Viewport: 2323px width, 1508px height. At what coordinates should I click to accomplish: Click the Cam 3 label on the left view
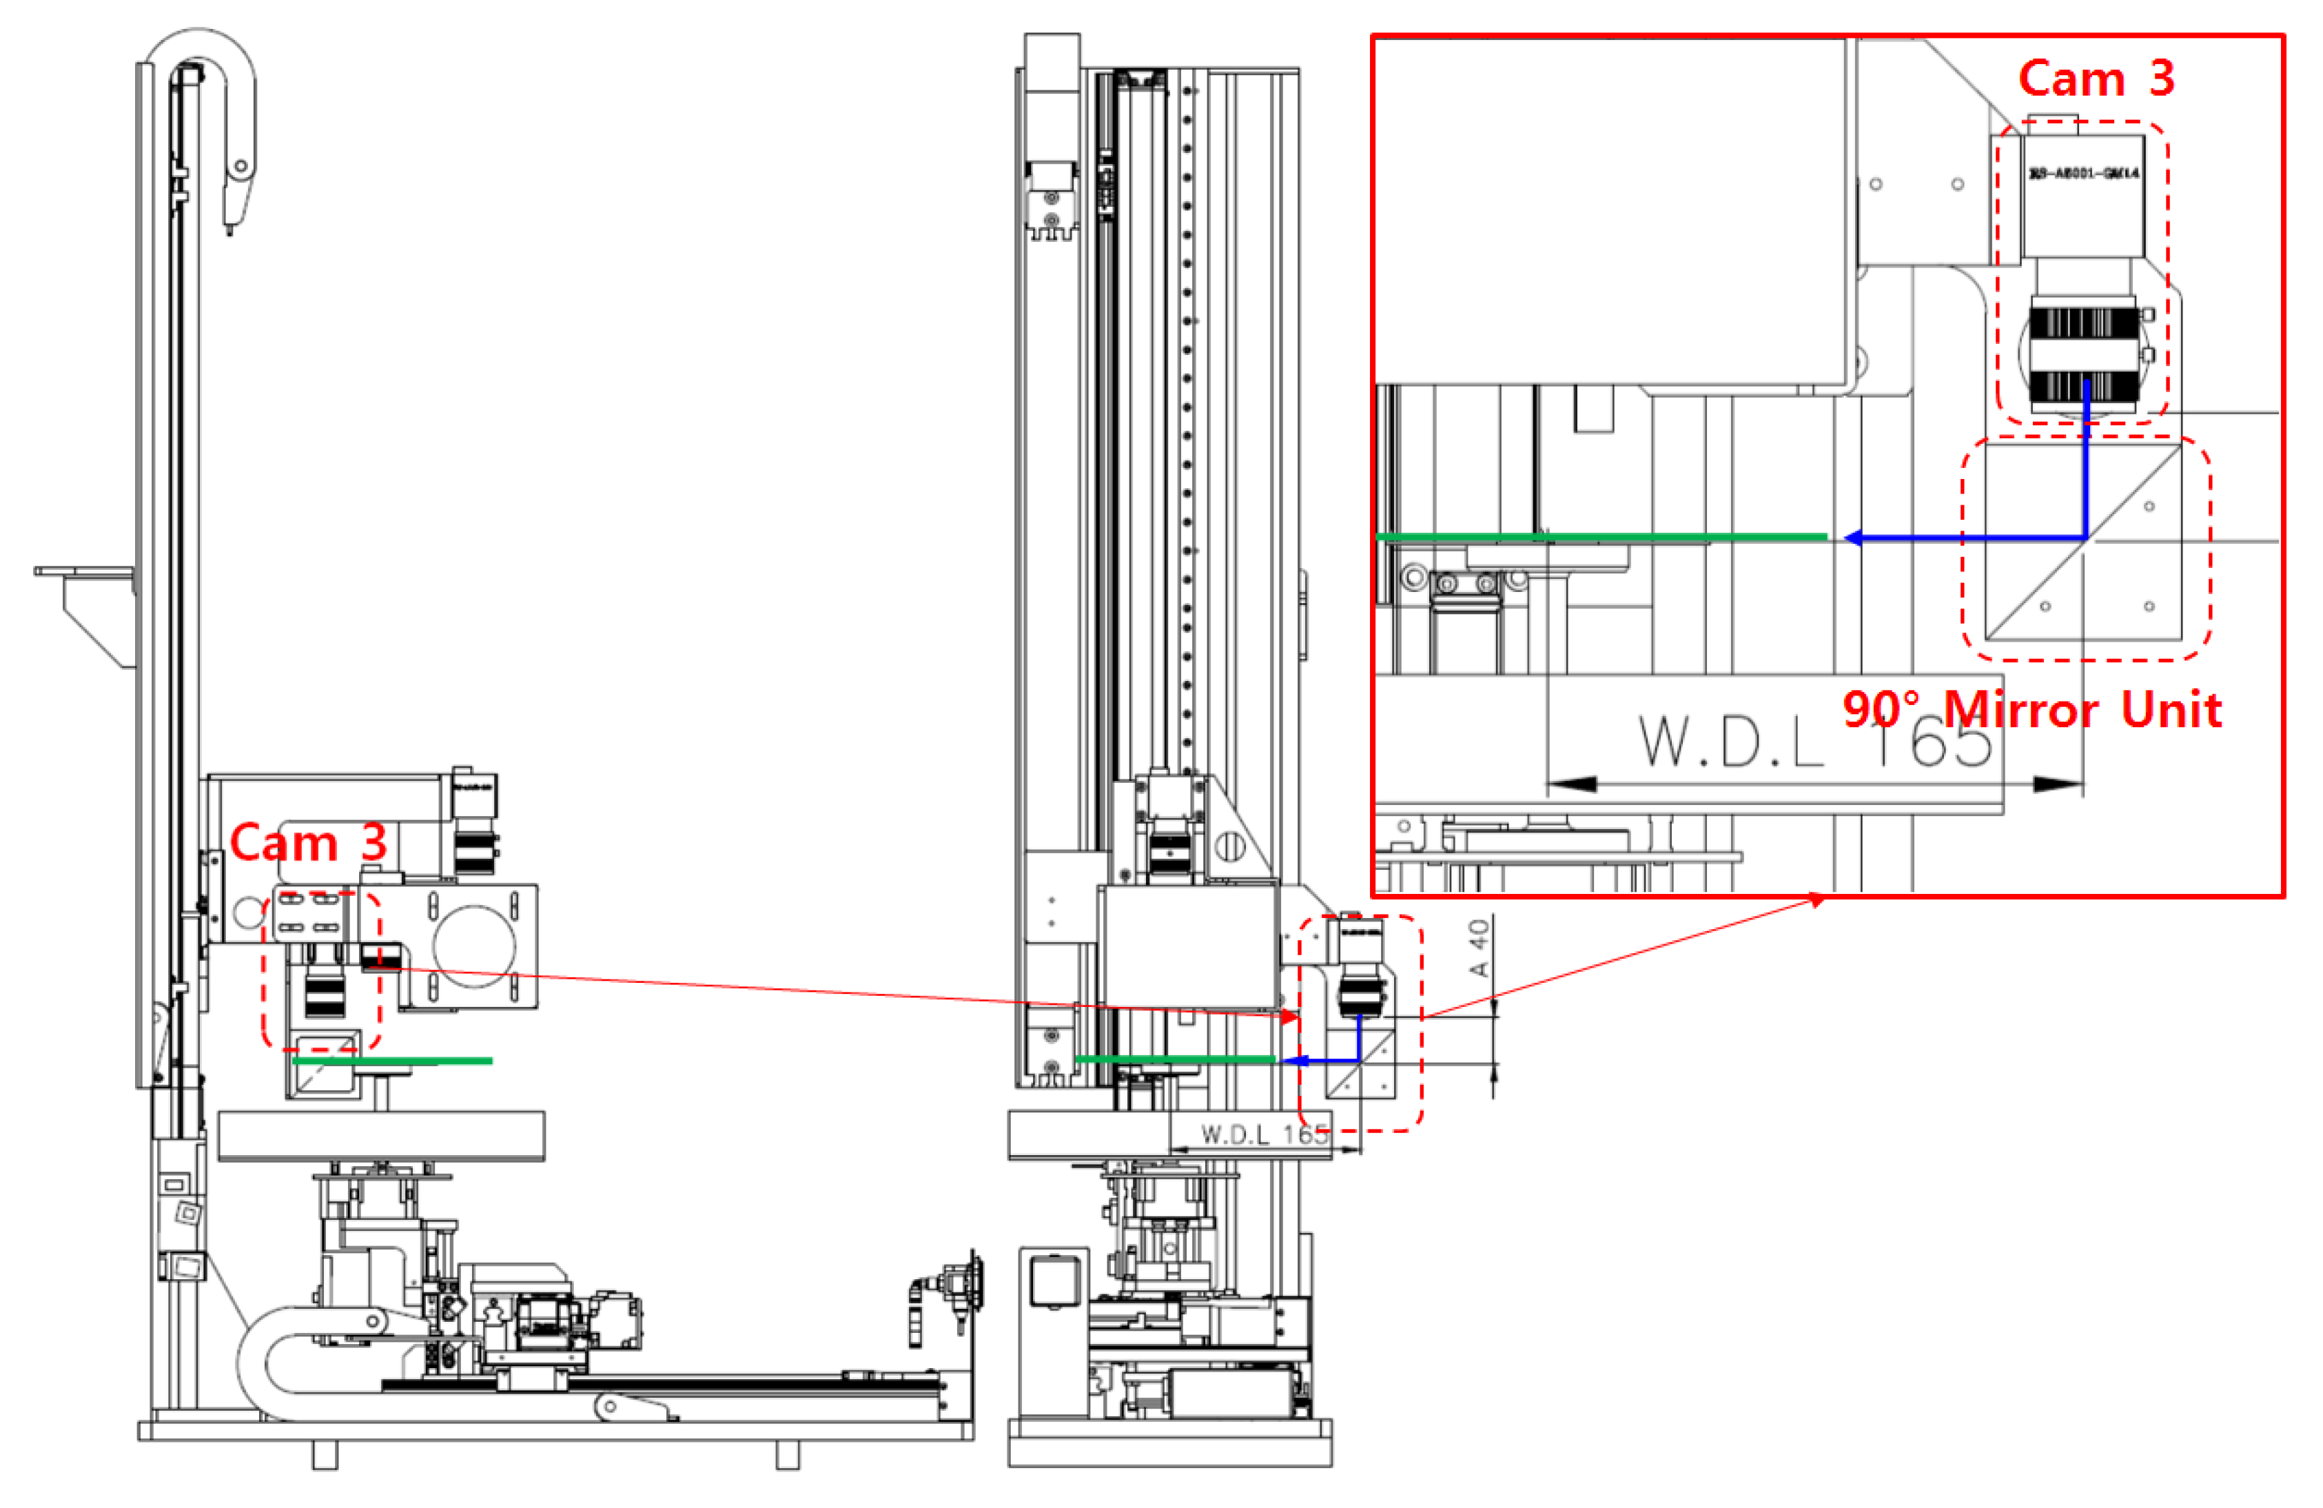coord(309,842)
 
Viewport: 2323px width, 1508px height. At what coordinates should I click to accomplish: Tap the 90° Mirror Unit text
coord(2032,710)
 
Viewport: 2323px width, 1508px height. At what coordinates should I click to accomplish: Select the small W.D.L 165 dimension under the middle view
coord(1264,1134)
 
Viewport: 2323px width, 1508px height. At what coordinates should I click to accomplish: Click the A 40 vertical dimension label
coord(1479,948)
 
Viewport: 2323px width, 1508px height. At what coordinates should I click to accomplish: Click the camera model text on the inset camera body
coord(2084,174)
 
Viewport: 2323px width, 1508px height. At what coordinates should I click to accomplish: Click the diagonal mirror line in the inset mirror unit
coord(2084,542)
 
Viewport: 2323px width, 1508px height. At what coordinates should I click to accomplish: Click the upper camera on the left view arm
coord(474,820)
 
